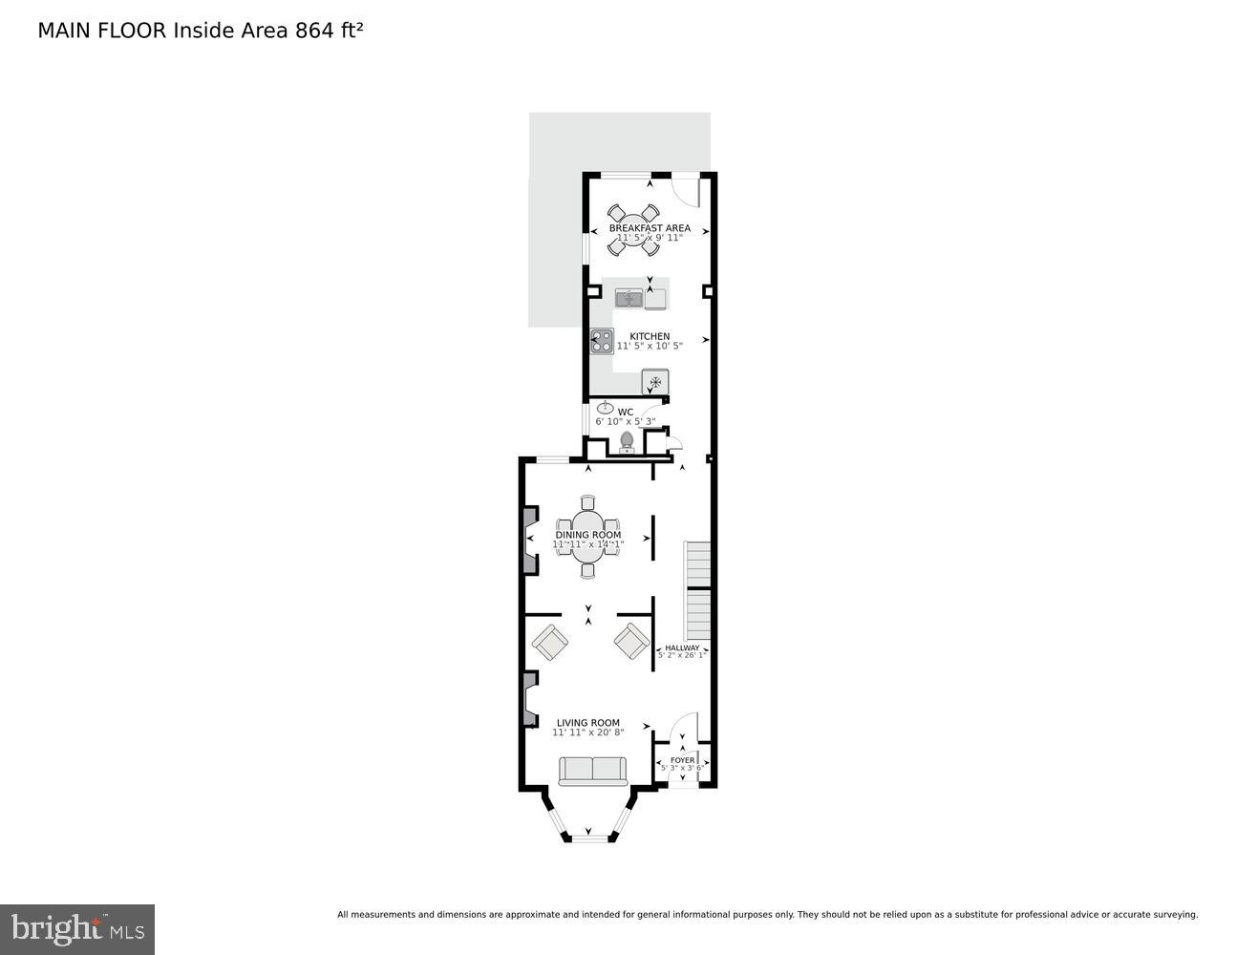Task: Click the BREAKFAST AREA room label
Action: click(650, 228)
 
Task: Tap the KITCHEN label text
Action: click(650, 336)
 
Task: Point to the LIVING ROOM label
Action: click(587, 723)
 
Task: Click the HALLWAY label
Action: click(682, 647)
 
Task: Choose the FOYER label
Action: click(682, 760)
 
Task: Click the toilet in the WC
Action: click(627, 440)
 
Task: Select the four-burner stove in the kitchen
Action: click(602, 341)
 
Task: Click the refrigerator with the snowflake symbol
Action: click(655, 382)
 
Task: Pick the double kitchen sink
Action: click(629, 299)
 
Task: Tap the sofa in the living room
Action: click(592, 771)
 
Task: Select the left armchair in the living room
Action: click(550, 642)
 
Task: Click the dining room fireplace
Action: click(529, 541)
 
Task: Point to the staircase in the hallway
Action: click(698, 592)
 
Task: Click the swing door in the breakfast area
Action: click(685, 191)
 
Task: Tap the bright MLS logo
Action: click(77, 929)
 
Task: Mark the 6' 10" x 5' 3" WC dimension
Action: click(626, 421)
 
